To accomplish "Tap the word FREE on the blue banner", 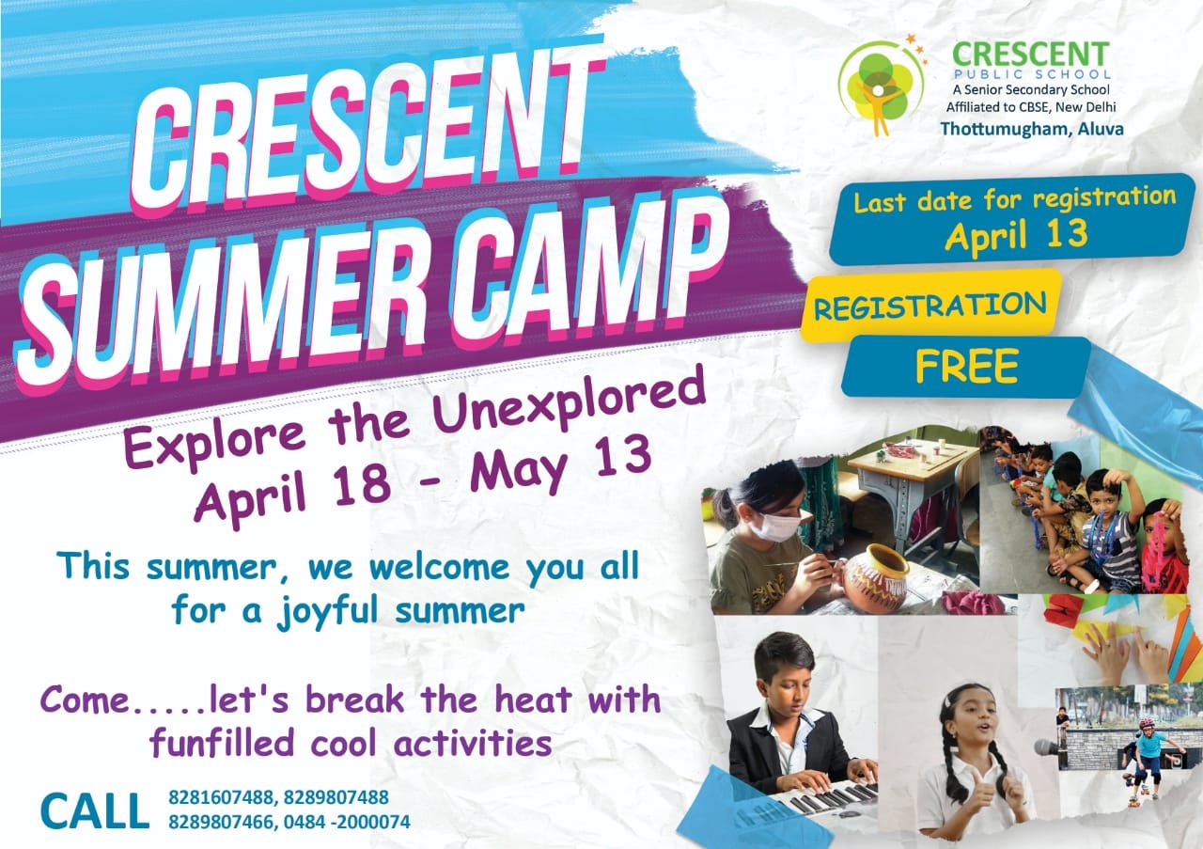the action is coord(967,366).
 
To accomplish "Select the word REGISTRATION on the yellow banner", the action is coord(930,306).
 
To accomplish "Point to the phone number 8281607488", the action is coord(221,797).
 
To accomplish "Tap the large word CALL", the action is coord(95,810).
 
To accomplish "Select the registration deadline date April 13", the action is coord(1016,235).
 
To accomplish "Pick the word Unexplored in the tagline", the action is coord(569,407).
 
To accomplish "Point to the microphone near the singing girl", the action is coord(1046,747).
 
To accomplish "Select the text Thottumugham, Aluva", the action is coord(1032,129).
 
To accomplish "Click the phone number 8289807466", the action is coord(221,822).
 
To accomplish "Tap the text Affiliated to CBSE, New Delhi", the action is coord(1031,107).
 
